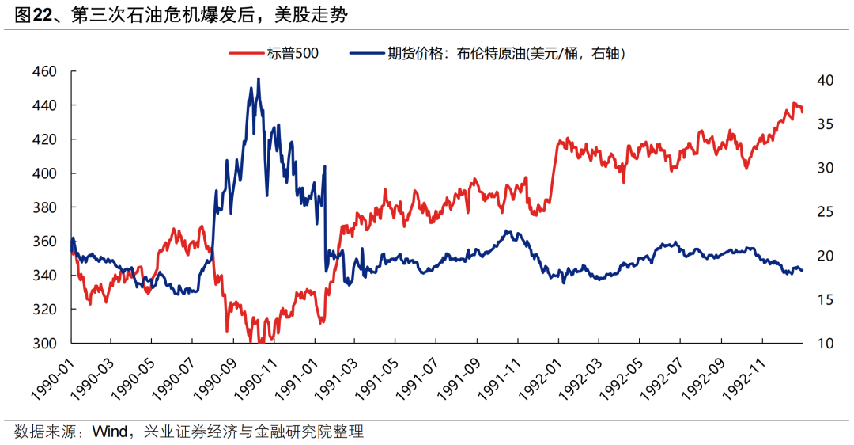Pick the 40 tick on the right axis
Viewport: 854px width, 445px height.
pos(825,80)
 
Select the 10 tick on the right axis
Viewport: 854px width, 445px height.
pos(825,344)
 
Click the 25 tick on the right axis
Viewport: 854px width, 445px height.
pos(825,212)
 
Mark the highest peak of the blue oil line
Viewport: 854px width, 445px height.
pos(258,79)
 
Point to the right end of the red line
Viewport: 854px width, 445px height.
pos(802,112)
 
